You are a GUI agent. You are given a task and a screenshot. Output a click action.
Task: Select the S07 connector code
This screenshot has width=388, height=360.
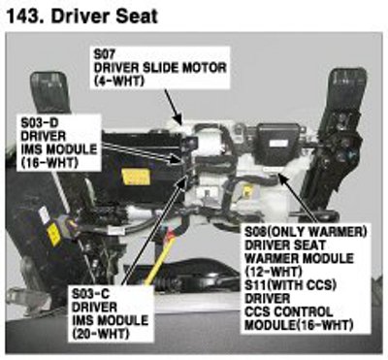pyautogui.click(x=104, y=53)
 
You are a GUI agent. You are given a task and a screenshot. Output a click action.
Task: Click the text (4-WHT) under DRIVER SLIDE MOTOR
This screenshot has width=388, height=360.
pyautogui.click(x=119, y=81)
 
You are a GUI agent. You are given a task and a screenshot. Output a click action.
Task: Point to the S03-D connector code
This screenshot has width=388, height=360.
pyautogui.click(x=40, y=122)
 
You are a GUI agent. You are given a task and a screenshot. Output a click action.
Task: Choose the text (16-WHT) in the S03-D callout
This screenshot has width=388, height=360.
pyautogui.click(x=49, y=163)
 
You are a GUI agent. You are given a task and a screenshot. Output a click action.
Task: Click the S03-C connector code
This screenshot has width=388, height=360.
pyautogui.click(x=90, y=294)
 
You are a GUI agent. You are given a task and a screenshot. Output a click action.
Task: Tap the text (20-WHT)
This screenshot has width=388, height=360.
pyautogui.click(x=100, y=334)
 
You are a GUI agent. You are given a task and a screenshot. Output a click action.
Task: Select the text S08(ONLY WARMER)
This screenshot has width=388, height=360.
pyautogui.click(x=306, y=232)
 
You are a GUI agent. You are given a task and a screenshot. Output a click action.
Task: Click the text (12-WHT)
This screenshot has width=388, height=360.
pyautogui.click(x=274, y=271)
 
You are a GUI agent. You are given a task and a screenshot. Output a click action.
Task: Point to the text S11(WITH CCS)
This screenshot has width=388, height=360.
pyautogui.click(x=290, y=285)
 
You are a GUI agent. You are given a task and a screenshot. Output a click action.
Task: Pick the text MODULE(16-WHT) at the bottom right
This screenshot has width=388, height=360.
pyautogui.click(x=299, y=325)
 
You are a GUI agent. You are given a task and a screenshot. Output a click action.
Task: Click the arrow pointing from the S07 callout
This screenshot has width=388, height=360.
pyautogui.click(x=173, y=107)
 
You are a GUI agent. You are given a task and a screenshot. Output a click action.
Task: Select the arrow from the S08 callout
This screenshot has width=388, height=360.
pyautogui.click(x=299, y=199)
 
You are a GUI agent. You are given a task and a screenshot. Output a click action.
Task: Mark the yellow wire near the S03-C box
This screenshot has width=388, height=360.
pyautogui.click(x=160, y=260)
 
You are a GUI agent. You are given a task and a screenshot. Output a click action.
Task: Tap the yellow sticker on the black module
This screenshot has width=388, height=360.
pyautogui.click(x=137, y=177)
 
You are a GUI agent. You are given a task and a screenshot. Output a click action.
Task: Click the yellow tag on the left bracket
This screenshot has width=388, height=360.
pyautogui.click(x=53, y=234)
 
